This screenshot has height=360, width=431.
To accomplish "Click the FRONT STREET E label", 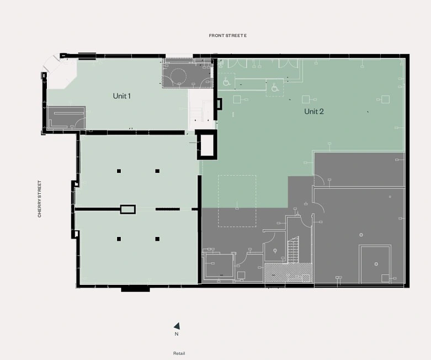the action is tap(227, 35).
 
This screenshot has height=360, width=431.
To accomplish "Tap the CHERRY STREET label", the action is tap(39, 199).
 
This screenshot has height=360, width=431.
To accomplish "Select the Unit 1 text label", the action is tap(122, 96).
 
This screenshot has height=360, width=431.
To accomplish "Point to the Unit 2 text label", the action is tap(314, 112).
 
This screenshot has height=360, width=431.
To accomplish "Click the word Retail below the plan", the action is tap(179, 353).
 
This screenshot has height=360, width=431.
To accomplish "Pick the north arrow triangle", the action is tap(177, 326).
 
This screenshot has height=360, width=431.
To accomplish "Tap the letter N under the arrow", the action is tap(177, 334).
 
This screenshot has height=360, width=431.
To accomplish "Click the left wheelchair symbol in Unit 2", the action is tap(226, 82).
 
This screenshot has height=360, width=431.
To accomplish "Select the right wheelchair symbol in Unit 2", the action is tap(275, 88).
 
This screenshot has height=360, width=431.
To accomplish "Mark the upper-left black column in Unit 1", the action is tap(119, 171).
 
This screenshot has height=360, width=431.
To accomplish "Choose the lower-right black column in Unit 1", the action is tap(157, 239).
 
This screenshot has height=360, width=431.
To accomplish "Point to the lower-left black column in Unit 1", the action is tap(119, 239).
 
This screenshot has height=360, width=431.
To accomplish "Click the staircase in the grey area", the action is tap(293, 250).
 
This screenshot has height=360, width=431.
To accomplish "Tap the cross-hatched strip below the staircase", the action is tap(288, 273).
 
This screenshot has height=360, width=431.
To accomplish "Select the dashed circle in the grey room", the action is tap(178, 75).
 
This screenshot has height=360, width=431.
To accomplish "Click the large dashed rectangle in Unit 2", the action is tap(237, 201).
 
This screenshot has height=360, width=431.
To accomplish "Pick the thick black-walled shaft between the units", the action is tap(207, 145).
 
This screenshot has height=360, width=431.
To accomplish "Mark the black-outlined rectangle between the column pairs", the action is tap(128, 209).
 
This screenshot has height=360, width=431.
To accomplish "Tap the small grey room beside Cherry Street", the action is tap(66, 118).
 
